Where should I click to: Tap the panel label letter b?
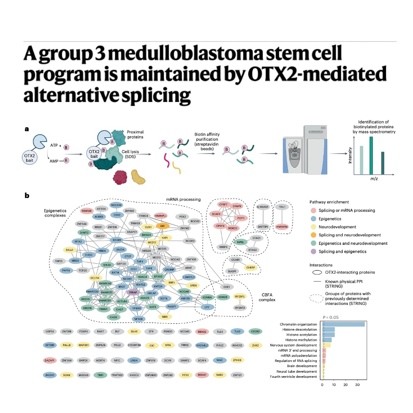tap(27, 196)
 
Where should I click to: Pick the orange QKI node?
tap(163, 225)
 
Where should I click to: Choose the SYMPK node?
tap(238, 206)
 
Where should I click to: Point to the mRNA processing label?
tap(184, 199)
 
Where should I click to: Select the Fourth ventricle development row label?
tap(294, 377)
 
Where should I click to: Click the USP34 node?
tap(50, 331)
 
